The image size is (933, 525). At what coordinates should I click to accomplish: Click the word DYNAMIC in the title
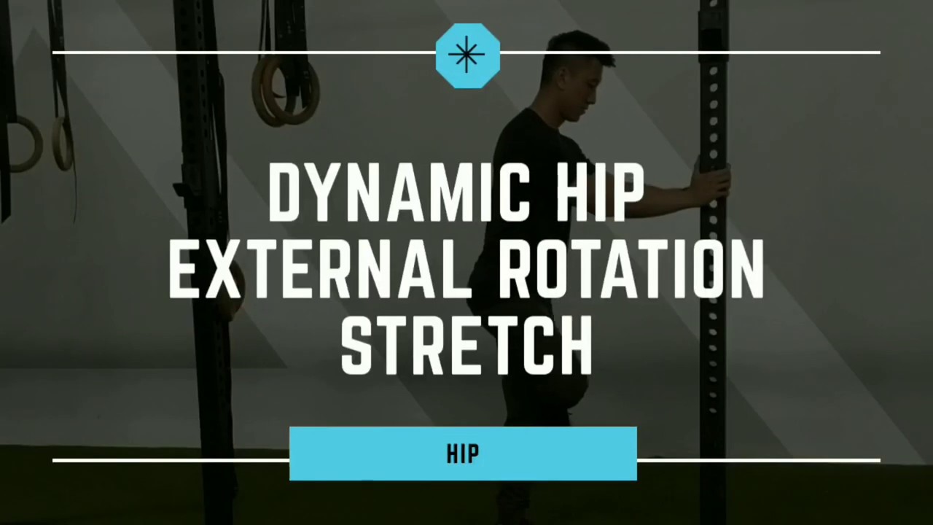[397, 192]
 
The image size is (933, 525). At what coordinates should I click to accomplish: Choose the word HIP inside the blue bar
[463, 454]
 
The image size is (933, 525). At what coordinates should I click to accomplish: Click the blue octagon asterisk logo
[467, 56]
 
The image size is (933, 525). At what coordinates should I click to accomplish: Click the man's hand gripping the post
[714, 183]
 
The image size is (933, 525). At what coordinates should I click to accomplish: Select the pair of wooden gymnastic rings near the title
[286, 91]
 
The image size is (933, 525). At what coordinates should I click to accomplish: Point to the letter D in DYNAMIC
[285, 192]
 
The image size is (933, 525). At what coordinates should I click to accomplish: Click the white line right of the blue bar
[758, 460]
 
